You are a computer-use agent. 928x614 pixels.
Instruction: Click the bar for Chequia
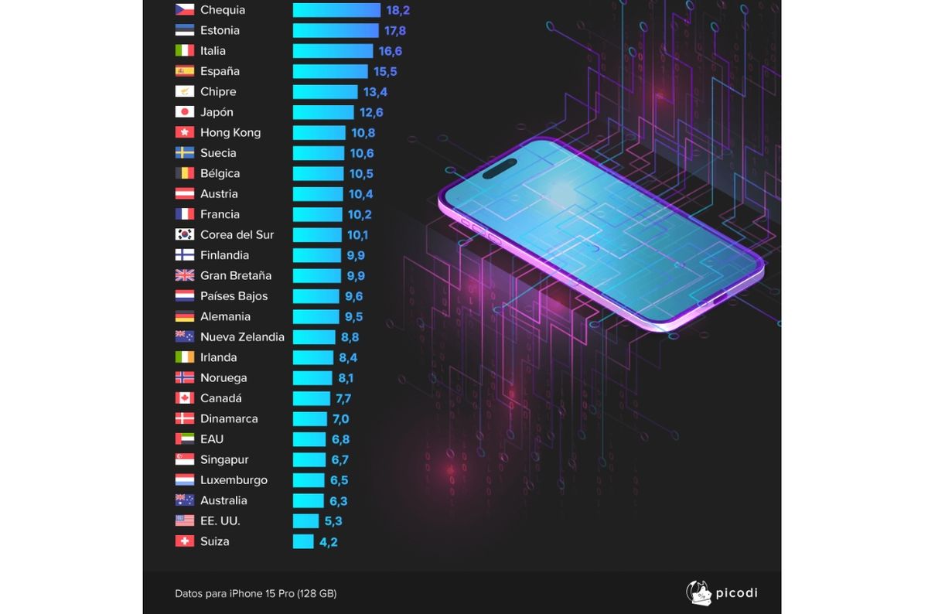point(336,10)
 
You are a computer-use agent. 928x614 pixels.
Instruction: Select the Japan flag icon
point(185,112)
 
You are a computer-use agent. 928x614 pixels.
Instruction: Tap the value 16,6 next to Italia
point(390,51)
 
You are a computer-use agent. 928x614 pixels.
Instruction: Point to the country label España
point(220,71)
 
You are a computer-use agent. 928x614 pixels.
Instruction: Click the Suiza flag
point(185,541)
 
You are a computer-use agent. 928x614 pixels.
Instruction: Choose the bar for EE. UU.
point(305,521)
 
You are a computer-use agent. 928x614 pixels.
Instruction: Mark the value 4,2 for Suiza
point(328,542)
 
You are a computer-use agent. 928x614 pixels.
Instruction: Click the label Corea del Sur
point(237,234)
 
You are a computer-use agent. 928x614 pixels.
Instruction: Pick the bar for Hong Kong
point(319,132)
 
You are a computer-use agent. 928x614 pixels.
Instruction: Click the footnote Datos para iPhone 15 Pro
point(255,594)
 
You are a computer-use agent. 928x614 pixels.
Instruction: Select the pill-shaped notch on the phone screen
point(500,168)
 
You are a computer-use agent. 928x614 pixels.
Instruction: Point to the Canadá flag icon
point(185,398)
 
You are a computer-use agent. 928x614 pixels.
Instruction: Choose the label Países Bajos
point(234,296)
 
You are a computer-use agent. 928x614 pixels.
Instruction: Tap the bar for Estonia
point(335,31)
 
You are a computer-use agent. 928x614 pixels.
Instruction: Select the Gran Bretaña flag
point(185,275)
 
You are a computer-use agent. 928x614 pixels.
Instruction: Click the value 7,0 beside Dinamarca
point(340,419)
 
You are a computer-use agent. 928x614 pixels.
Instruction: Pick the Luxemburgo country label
point(234,480)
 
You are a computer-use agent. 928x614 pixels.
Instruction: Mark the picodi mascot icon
point(698,593)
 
